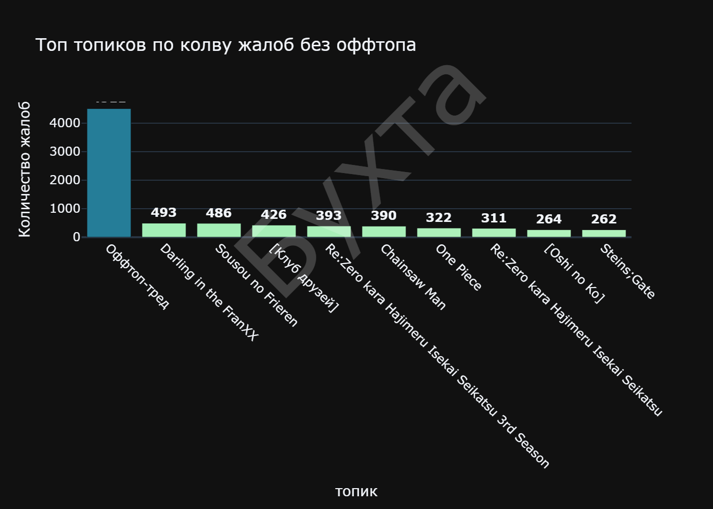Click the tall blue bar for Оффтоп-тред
click(x=109, y=173)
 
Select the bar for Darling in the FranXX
click(x=164, y=230)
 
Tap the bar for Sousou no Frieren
click(x=219, y=230)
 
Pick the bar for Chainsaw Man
click(x=384, y=232)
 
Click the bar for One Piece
click(x=439, y=233)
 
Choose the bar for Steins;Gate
click(x=604, y=234)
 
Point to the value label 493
click(x=164, y=213)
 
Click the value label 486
click(x=219, y=213)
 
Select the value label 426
click(x=274, y=215)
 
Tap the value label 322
click(x=439, y=218)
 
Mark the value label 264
click(x=549, y=219)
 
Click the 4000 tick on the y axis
click(x=65, y=123)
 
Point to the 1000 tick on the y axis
click(x=65, y=209)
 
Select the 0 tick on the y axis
click(x=76, y=237)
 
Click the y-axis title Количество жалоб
click(x=24, y=169)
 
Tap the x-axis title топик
click(x=356, y=492)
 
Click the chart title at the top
click(x=226, y=45)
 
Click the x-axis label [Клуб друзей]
click(x=304, y=278)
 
